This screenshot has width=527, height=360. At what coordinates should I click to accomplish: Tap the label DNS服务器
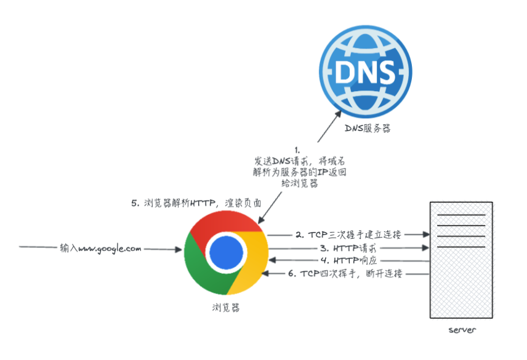[x=368, y=129]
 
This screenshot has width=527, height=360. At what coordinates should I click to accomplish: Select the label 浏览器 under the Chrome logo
[x=225, y=307]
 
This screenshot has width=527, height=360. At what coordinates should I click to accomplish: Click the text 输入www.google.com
[x=101, y=249]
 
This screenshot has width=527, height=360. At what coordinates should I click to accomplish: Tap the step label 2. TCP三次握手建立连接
[x=348, y=234]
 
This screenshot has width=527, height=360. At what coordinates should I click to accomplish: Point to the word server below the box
[x=462, y=330]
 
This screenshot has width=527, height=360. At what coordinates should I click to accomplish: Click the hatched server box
[x=462, y=259]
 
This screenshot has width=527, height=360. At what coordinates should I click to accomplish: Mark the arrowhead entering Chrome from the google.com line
[x=179, y=249]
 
